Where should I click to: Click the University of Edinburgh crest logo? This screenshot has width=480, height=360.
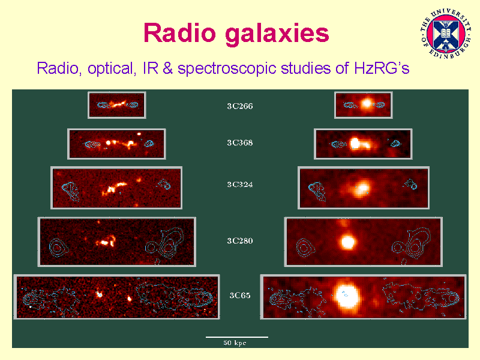446,34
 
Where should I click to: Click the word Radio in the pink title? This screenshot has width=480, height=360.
179,33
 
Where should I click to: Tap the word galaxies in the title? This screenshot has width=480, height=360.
277,34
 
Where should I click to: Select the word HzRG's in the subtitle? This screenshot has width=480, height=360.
382,68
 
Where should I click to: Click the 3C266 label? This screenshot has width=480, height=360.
239,106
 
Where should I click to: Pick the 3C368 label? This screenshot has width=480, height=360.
239,143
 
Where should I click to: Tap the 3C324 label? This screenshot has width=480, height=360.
239,185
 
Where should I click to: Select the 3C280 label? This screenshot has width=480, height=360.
239,241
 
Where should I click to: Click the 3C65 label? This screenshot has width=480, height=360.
239,295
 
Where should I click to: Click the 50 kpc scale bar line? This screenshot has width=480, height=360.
237,337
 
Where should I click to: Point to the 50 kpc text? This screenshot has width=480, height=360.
235,343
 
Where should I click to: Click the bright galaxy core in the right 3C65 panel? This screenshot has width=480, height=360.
347,295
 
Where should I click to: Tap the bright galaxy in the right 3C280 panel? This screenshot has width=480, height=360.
347,242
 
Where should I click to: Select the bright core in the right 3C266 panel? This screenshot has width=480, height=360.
367,103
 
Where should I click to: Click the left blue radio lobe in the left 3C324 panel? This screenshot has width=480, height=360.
71,191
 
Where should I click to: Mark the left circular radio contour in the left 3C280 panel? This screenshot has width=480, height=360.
57,247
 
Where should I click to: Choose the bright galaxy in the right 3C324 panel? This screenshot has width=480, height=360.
362,188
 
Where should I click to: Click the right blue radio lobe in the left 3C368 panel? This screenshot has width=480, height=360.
149,143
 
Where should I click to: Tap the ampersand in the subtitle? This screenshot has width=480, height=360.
168,68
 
